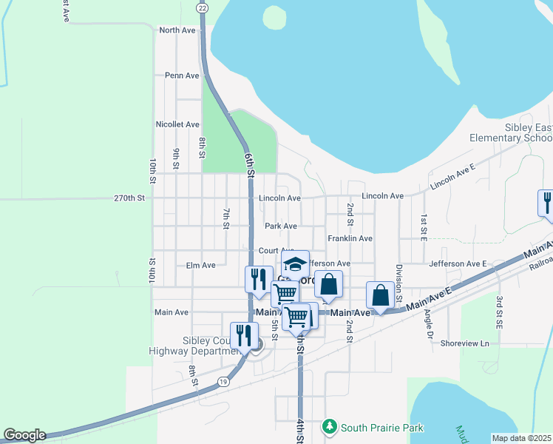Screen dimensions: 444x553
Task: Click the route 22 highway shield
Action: pyautogui.click(x=201, y=7)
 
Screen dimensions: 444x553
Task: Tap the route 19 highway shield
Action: pyautogui.click(x=223, y=382)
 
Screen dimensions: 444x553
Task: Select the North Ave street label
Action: pyautogui.click(x=177, y=30)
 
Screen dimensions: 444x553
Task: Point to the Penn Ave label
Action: pyautogui.click(x=182, y=75)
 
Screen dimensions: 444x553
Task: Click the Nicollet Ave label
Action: pyautogui.click(x=177, y=124)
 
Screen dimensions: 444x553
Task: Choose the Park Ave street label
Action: pyautogui.click(x=281, y=226)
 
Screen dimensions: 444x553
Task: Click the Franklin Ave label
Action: pyautogui.click(x=350, y=238)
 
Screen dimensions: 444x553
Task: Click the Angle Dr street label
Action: pyautogui.click(x=428, y=320)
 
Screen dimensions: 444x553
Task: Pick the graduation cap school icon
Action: pyautogui.click(x=294, y=264)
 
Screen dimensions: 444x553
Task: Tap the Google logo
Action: pyautogui.click(x=24, y=436)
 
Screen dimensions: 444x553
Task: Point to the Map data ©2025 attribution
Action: pyautogui.click(x=520, y=438)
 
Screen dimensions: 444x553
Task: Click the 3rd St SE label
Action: pyautogui.click(x=500, y=311)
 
